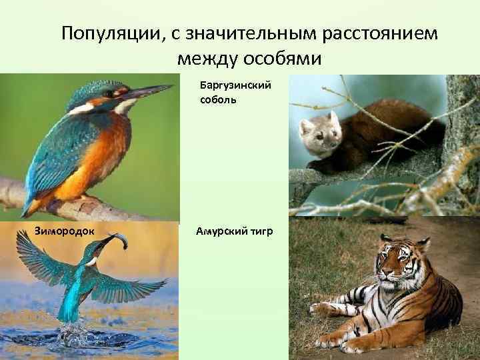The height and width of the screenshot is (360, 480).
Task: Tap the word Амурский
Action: (x=223, y=231)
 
